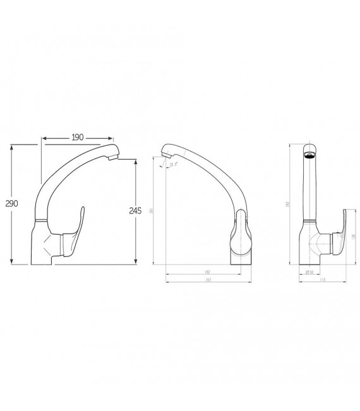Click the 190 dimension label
(78, 137)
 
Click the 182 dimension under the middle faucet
(207, 272)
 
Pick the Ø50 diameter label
(309, 272)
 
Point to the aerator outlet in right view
(308, 153)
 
